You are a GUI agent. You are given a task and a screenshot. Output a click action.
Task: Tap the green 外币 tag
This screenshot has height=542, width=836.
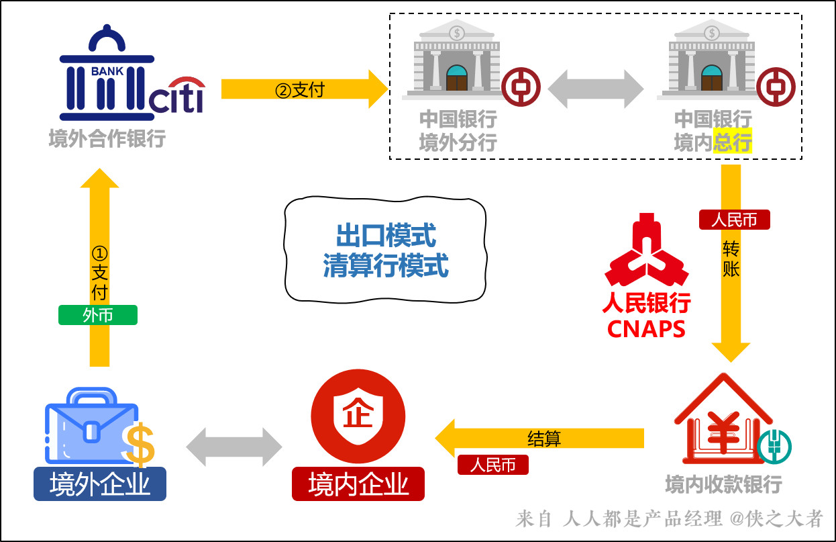point(98,315)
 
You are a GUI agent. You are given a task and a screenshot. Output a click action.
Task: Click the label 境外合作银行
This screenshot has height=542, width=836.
point(107,140)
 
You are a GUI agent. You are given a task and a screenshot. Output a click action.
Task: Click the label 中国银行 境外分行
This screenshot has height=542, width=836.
point(458,131)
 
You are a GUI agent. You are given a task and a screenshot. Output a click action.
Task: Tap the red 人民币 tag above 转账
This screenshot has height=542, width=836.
point(734,220)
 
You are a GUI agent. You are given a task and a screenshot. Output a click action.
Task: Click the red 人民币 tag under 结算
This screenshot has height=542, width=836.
point(493,465)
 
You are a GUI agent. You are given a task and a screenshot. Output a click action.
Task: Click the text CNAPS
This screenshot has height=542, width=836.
point(646,330)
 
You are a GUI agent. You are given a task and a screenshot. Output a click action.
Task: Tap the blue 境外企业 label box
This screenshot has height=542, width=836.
point(100,484)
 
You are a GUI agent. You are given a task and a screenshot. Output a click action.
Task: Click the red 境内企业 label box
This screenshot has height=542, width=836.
point(358,484)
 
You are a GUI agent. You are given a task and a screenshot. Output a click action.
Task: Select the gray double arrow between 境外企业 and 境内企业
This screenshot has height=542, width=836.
point(234,447)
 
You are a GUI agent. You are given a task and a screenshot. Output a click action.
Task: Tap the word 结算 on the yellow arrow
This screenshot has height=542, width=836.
point(544,439)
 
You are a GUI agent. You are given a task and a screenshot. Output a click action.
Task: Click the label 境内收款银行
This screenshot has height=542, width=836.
point(723,484)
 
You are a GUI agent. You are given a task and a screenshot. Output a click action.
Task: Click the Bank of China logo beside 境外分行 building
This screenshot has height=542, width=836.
point(521,87)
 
